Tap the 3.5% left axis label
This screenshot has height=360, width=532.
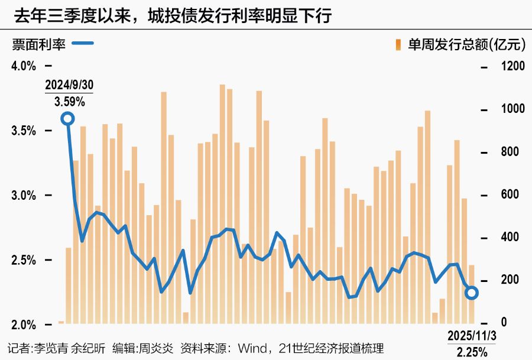coord(24,131)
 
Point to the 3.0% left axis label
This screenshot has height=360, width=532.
coord(24,196)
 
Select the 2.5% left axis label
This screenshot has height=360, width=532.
coord(24,261)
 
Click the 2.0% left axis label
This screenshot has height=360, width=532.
coord(24,325)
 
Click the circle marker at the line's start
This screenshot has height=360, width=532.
coord(68,119)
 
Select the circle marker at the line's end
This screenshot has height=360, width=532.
coord(472,293)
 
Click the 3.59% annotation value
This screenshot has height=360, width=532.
coord(70,102)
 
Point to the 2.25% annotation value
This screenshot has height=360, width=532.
coord(473,352)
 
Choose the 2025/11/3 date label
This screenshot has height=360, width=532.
coord(473,336)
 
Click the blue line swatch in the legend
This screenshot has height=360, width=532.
coord(82,43)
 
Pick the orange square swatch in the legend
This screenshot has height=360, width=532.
coord(398,44)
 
